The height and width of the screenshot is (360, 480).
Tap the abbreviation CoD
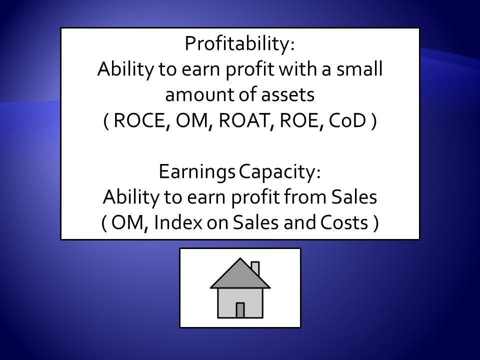click(347, 120)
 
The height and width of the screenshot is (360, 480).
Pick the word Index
click(178, 222)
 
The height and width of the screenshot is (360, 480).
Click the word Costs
click(344, 222)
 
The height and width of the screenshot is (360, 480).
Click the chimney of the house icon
click(255, 268)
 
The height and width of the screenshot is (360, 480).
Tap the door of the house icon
click(240, 310)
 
